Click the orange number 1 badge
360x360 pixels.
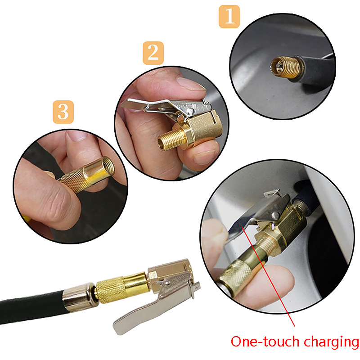coord(229,17)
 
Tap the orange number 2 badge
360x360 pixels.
coord(153,53)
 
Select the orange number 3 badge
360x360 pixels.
coord(63,112)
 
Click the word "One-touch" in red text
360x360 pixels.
coord(266,342)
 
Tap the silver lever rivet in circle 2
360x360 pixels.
coord(190,111)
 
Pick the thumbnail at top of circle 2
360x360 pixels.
coord(190,84)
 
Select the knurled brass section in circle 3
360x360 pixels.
coord(73,181)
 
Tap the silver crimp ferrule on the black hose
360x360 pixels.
coord(80,297)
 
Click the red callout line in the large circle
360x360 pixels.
coord(268,275)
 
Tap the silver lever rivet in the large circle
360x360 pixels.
coord(276,216)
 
